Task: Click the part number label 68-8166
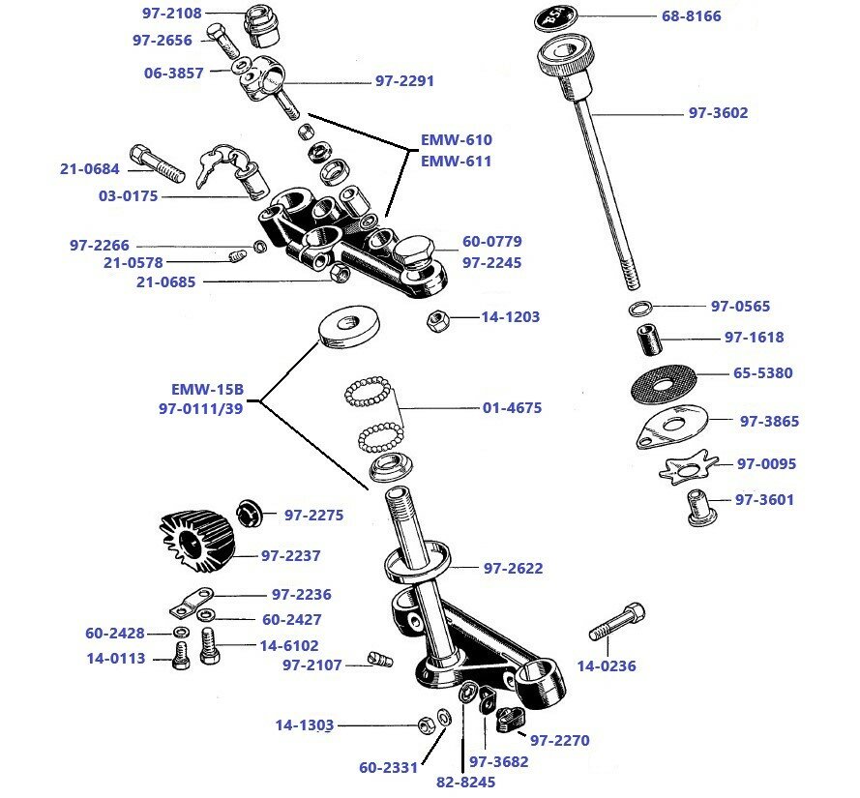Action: [691, 16]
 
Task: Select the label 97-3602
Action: [718, 113]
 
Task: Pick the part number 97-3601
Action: [764, 500]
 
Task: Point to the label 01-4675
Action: [512, 408]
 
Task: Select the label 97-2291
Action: [404, 81]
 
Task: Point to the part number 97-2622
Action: [513, 569]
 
